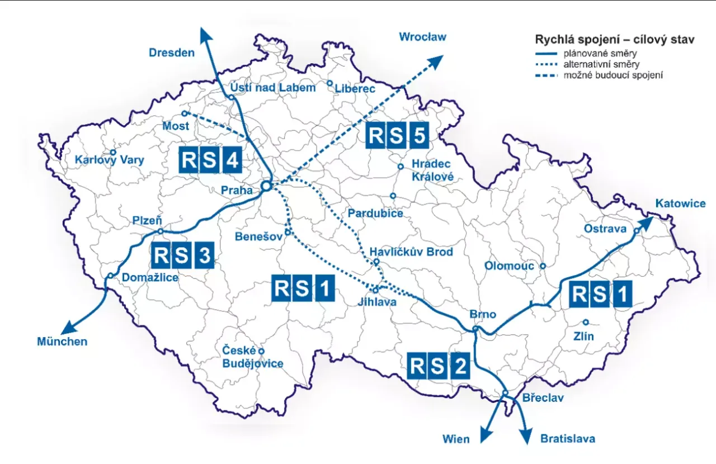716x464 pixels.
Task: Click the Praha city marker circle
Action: click(x=266, y=186)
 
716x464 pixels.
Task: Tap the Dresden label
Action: click(x=172, y=53)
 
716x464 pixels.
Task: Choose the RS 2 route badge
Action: click(x=438, y=366)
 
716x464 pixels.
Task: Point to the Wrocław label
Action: click(x=422, y=37)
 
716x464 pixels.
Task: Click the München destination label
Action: click(x=62, y=341)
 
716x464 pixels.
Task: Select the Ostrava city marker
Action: click(x=637, y=230)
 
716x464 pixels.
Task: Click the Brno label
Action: click(x=483, y=315)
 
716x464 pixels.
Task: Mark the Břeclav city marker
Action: click(x=505, y=394)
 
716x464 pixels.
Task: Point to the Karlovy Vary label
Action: click(x=110, y=160)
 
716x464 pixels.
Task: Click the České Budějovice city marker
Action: click(x=261, y=351)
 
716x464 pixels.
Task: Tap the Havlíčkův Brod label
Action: click(x=411, y=252)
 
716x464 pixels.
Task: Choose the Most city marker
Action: click(x=184, y=113)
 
